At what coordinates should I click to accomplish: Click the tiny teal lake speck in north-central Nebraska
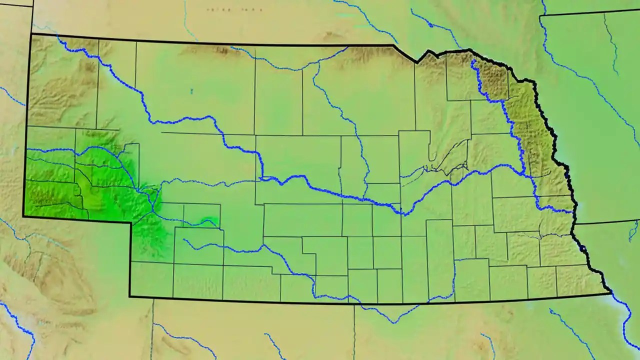click(x=191, y=91)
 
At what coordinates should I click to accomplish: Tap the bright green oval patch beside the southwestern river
click(x=209, y=221)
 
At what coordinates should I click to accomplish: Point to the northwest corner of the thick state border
click(x=31, y=34)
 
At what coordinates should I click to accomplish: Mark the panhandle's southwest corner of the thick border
click(x=23, y=216)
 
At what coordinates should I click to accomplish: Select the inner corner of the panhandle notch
click(x=131, y=222)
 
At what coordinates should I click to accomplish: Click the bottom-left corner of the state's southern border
click(x=130, y=296)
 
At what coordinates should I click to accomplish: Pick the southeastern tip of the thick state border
click(x=610, y=292)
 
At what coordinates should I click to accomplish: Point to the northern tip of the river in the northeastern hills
click(x=472, y=60)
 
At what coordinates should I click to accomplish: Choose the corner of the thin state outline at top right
click(x=540, y=16)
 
